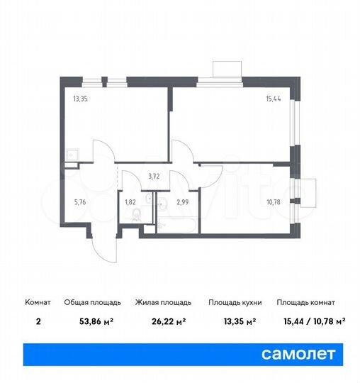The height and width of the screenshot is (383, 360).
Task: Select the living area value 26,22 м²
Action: tap(159, 321)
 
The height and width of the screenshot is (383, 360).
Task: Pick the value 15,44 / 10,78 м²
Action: tap(311, 321)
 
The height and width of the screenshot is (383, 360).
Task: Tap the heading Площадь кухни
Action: tap(235, 302)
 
